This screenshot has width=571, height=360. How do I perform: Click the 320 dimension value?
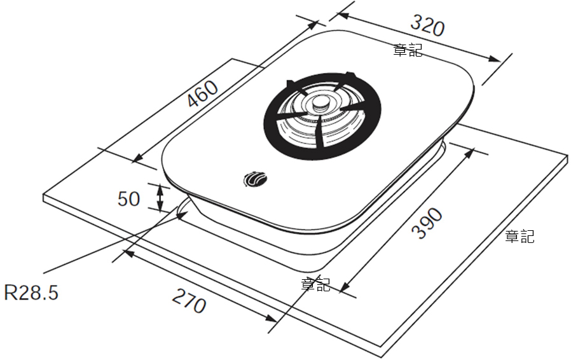tap(427, 25)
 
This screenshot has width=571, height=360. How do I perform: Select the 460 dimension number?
tap(202, 93)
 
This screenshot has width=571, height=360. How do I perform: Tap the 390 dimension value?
tap(427, 223)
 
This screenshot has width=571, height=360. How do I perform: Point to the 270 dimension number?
tap(189, 301)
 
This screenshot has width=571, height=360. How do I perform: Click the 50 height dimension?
tap(128, 199)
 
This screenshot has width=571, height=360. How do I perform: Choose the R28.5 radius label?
tap(31, 292)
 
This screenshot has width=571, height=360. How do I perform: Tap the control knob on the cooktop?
tap(256, 179)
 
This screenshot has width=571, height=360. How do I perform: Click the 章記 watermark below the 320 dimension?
tap(408, 50)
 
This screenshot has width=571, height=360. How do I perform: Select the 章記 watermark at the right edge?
tap(519, 236)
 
